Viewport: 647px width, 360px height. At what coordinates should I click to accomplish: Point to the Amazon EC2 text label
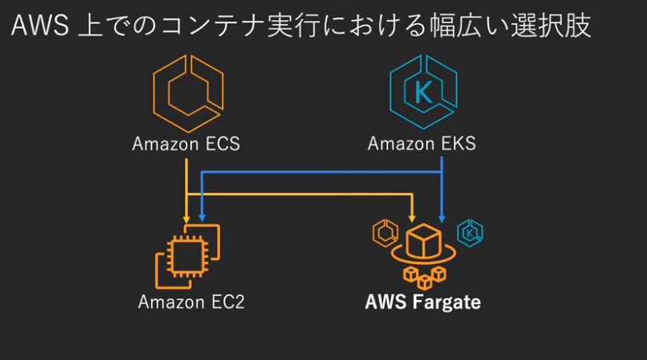point(190,302)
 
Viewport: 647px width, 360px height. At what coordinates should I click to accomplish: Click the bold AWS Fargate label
point(423,302)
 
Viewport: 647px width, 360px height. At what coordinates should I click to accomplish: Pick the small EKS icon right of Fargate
point(469,233)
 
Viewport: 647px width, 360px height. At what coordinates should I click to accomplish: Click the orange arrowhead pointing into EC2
point(187,217)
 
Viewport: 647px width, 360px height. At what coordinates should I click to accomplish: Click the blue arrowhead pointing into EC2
point(202,217)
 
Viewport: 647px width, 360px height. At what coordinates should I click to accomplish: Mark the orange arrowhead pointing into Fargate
point(412,217)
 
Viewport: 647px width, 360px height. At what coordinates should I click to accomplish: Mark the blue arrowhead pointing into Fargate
point(442,217)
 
